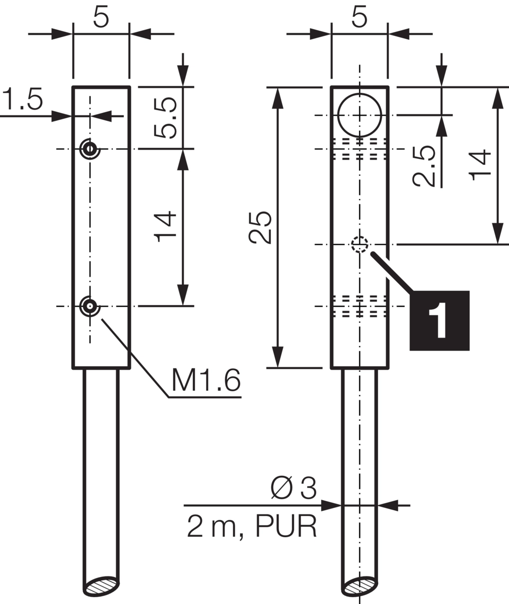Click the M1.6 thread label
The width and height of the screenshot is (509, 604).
point(206,380)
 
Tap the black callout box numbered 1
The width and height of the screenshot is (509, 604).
point(439,321)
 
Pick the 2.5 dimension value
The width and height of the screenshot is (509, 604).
point(424,166)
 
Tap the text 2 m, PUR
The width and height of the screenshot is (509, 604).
point(252,526)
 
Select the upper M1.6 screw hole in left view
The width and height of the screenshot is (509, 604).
point(90,149)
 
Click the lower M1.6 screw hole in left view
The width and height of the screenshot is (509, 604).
point(90,306)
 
